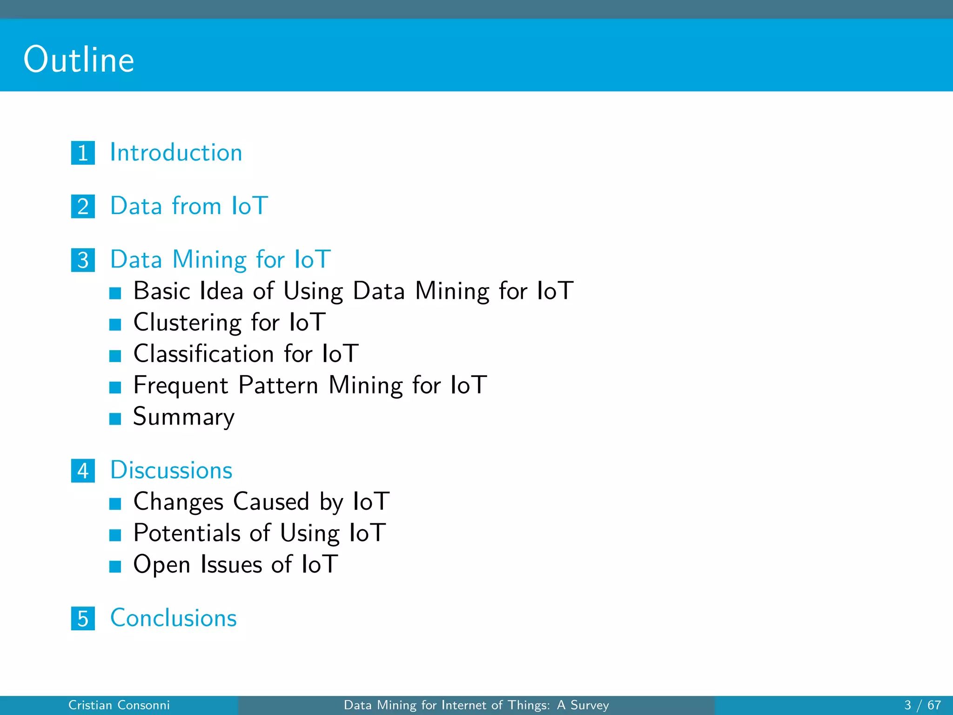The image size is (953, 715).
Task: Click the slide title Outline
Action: [79, 60]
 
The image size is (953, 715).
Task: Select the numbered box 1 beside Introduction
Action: [83, 153]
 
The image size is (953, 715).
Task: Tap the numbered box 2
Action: [83, 206]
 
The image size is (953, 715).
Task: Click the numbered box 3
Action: [83, 260]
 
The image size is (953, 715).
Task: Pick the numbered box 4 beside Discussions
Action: [83, 471]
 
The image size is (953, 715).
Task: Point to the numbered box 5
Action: [83, 618]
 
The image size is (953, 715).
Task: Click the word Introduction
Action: [176, 153]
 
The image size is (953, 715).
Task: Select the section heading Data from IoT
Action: [189, 206]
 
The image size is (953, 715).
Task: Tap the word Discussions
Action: [171, 470]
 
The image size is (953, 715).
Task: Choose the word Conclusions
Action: [174, 618]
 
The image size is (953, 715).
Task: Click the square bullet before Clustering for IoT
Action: [115, 324]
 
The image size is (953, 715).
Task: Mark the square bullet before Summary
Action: [115, 418]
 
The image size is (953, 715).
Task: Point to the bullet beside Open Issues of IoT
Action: [115, 566]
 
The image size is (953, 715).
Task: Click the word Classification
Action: [203, 354]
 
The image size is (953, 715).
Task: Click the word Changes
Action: [179, 502]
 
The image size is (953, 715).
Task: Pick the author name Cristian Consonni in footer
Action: [119, 705]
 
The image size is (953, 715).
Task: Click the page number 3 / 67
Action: [922, 705]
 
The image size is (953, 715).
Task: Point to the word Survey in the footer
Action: [590, 705]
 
